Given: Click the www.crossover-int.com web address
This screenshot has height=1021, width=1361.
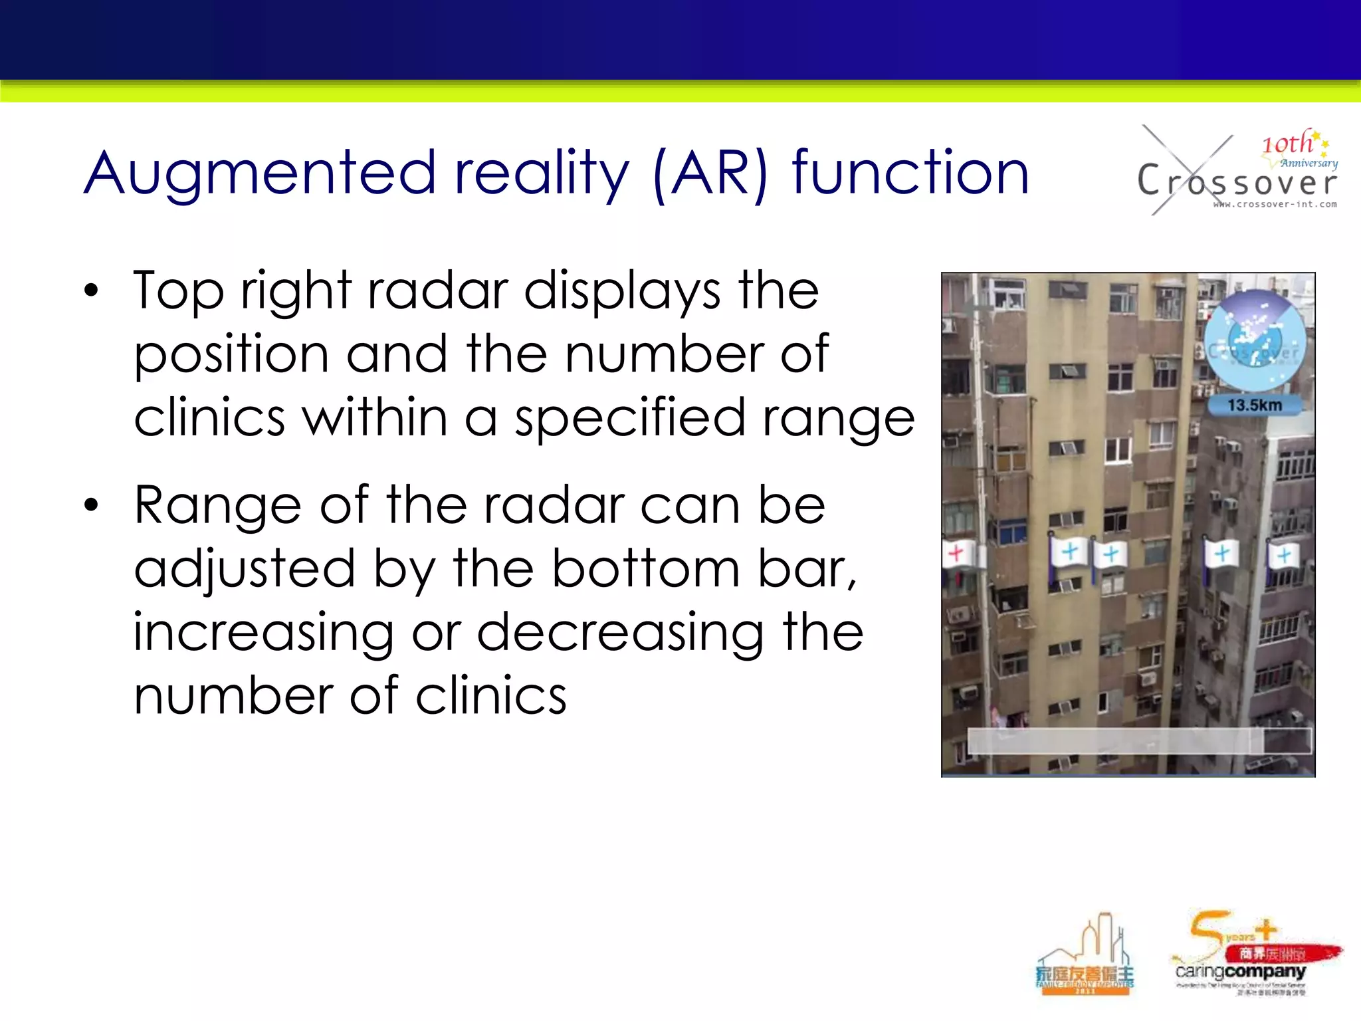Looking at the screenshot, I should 1275,205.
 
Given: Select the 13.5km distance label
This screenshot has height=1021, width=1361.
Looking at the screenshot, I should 1254,405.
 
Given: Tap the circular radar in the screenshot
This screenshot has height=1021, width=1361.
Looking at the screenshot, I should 1255,340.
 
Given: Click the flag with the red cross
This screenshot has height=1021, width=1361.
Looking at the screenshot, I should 956,553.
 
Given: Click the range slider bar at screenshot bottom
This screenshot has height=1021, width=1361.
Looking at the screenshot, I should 1139,740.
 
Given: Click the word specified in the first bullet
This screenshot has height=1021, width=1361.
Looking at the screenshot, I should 629,419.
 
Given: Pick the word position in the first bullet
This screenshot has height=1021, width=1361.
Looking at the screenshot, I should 231,355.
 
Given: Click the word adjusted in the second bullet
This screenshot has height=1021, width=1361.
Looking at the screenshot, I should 244,569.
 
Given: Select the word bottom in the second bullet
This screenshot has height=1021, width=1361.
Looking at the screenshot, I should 645,569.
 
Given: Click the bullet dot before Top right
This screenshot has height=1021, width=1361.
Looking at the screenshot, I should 91,291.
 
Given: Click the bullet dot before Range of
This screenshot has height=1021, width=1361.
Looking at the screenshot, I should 91,505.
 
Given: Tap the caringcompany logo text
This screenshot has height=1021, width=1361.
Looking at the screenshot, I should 1240,972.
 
